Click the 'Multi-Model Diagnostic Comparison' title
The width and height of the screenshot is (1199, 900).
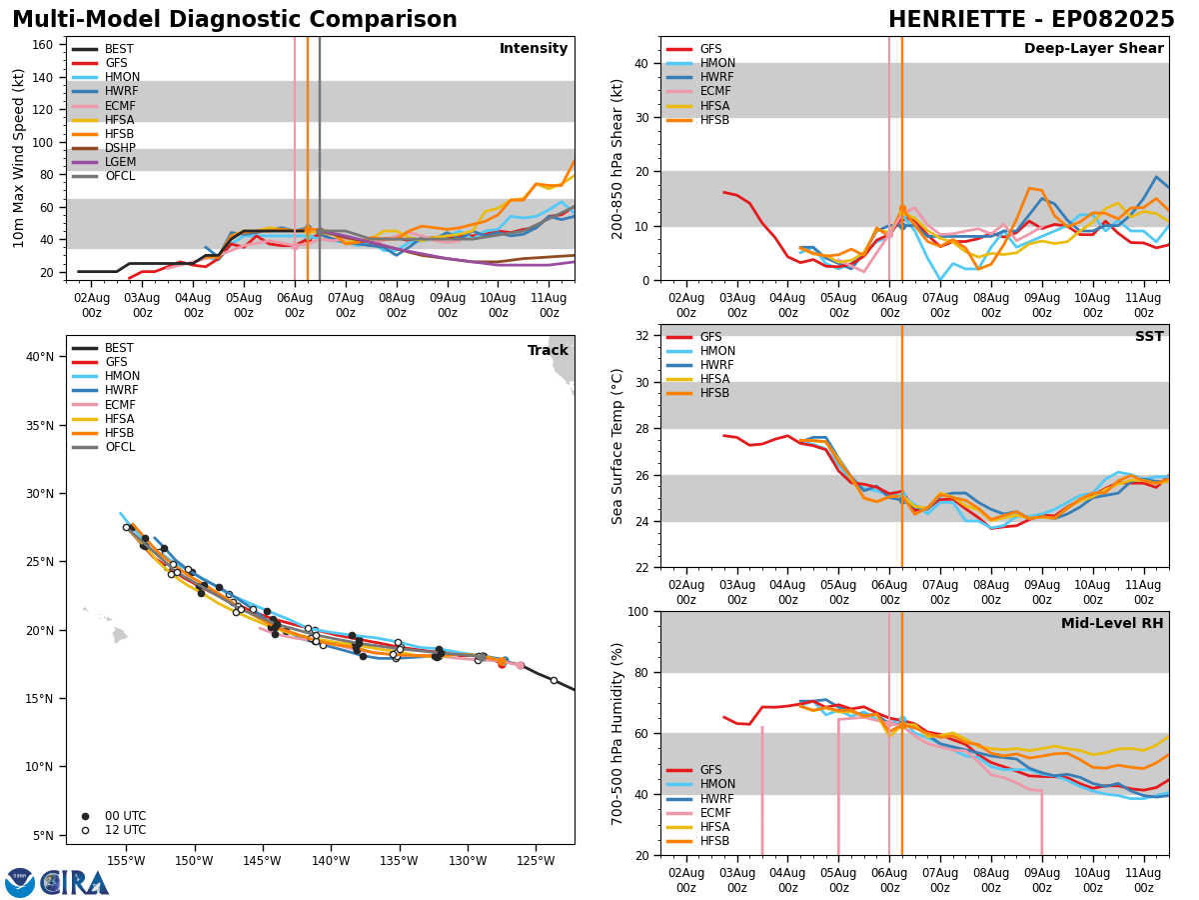pyautogui.click(x=234, y=20)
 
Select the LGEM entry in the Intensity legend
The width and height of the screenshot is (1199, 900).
pyautogui.click(x=120, y=162)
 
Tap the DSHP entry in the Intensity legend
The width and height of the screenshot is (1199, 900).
pyautogui.click(x=120, y=148)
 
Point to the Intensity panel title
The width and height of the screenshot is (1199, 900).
pyautogui.click(x=534, y=49)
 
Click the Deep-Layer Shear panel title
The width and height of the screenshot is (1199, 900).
pyautogui.click(x=1093, y=49)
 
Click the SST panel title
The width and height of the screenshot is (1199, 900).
pyautogui.click(x=1149, y=338)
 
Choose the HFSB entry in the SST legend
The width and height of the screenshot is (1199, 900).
pyautogui.click(x=714, y=393)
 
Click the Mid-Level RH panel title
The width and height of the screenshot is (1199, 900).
pyautogui.click(x=1112, y=624)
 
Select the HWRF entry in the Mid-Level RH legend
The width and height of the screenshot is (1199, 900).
pyautogui.click(x=714, y=799)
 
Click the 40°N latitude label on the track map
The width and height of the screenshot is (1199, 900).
pyautogui.click(x=41, y=357)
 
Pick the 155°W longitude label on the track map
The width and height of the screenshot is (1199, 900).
pyautogui.click(x=126, y=860)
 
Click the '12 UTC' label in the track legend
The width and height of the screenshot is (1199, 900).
pyautogui.click(x=126, y=831)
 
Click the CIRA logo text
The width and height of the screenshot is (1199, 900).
pyautogui.click(x=74, y=882)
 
